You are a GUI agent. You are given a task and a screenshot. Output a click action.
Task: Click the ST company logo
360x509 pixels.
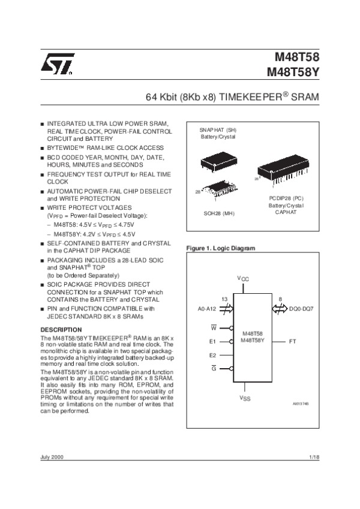click(x=57, y=65)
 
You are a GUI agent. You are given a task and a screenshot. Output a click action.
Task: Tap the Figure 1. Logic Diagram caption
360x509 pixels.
click(x=221, y=248)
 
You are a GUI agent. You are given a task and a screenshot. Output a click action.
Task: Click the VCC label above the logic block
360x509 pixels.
click(x=243, y=278)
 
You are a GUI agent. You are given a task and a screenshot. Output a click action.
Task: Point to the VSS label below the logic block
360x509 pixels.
click(x=245, y=397)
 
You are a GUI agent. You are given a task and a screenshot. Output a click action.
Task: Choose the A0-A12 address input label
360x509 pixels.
click(x=207, y=309)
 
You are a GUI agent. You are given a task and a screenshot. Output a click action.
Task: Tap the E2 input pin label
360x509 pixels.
click(x=212, y=355)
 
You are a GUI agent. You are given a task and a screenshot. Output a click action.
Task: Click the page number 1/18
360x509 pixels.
click(x=314, y=457)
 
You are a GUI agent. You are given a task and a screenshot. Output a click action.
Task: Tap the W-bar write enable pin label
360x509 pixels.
click(x=213, y=328)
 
